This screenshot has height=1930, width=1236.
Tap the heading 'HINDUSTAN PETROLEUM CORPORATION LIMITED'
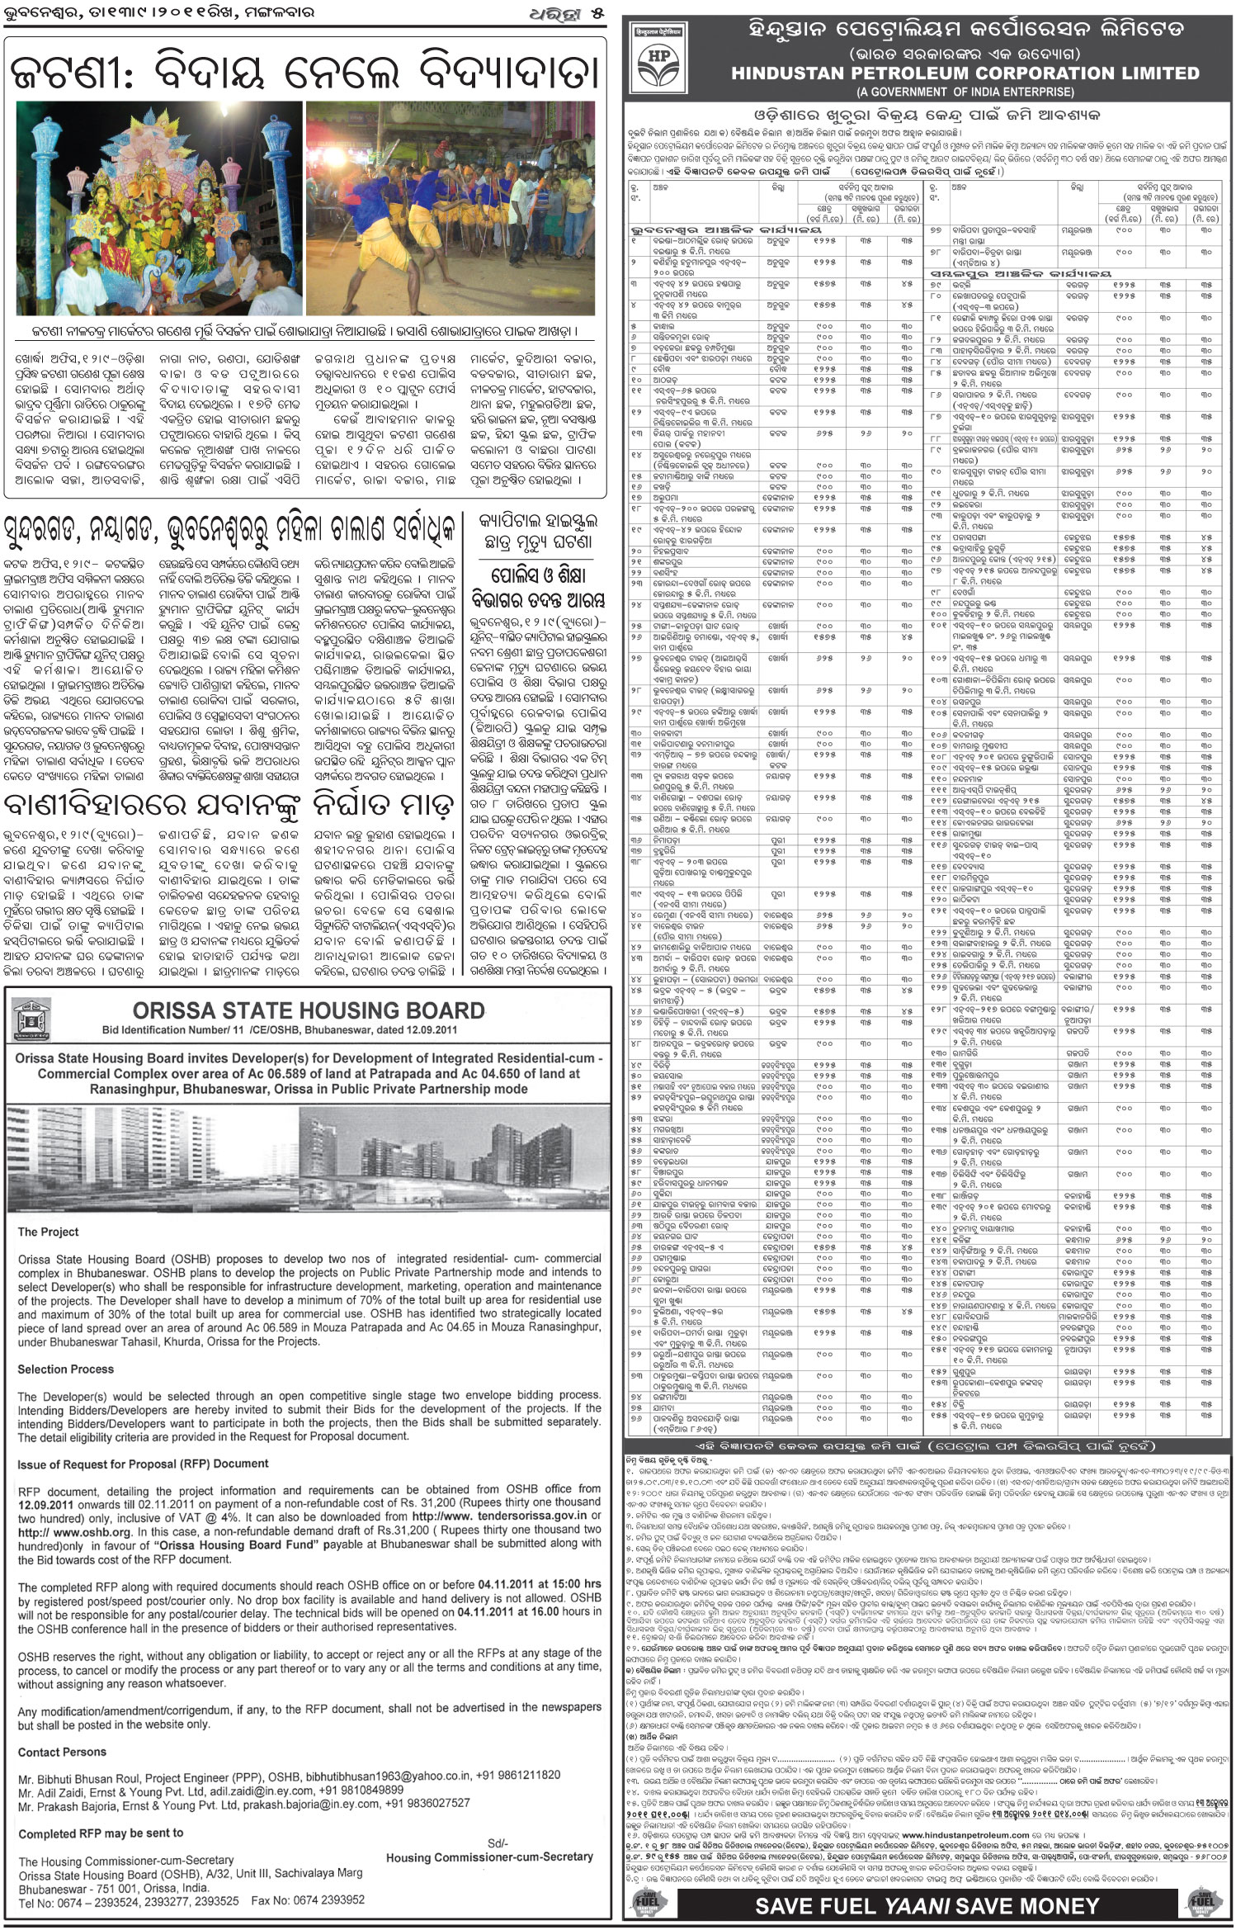click(x=965, y=73)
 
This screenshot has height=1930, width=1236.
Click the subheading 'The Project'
click(x=49, y=1232)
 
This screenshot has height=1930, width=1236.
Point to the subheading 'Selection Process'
click(x=66, y=1369)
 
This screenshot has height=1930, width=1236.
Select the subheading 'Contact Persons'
click(x=62, y=1752)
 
